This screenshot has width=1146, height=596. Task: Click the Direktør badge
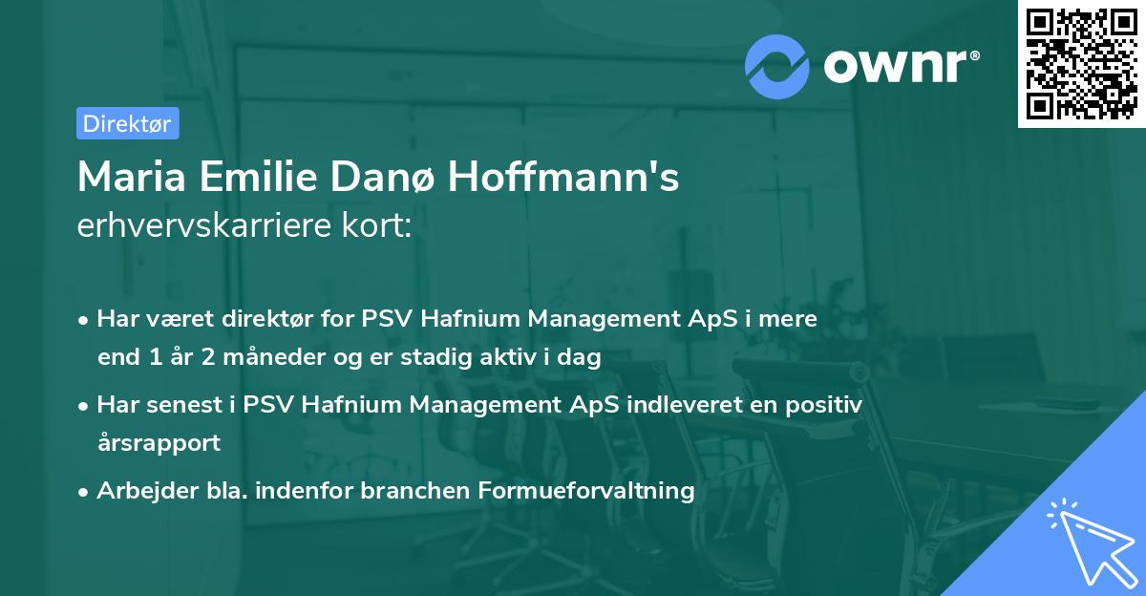coord(127,123)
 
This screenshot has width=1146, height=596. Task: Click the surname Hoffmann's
coord(564,177)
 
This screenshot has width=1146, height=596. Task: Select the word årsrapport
coord(159,443)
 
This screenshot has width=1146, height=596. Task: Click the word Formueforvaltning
coord(587,491)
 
